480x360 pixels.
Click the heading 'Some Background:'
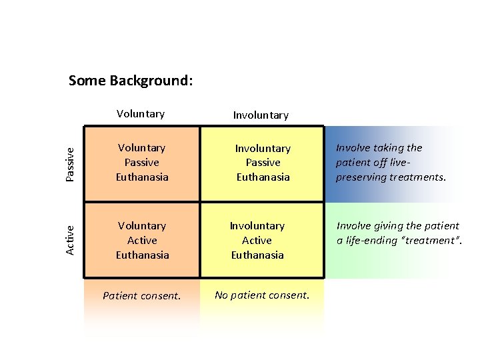(x=131, y=81)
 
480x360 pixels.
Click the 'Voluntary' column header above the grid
(x=140, y=114)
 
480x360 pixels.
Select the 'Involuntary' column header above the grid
(x=261, y=115)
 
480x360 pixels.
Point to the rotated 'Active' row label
(x=70, y=240)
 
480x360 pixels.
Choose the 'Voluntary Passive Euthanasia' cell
(x=142, y=163)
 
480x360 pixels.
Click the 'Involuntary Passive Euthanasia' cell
(x=263, y=163)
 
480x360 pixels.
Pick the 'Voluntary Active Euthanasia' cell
(x=142, y=240)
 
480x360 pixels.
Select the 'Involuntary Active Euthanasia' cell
(x=257, y=240)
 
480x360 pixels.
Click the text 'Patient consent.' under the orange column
(x=141, y=295)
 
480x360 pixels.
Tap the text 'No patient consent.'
(x=262, y=295)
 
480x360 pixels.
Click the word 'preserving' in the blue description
(x=361, y=178)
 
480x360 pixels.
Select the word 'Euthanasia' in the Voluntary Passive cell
(x=142, y=177)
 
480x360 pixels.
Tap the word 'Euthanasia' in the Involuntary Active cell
(x=257, y=255)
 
